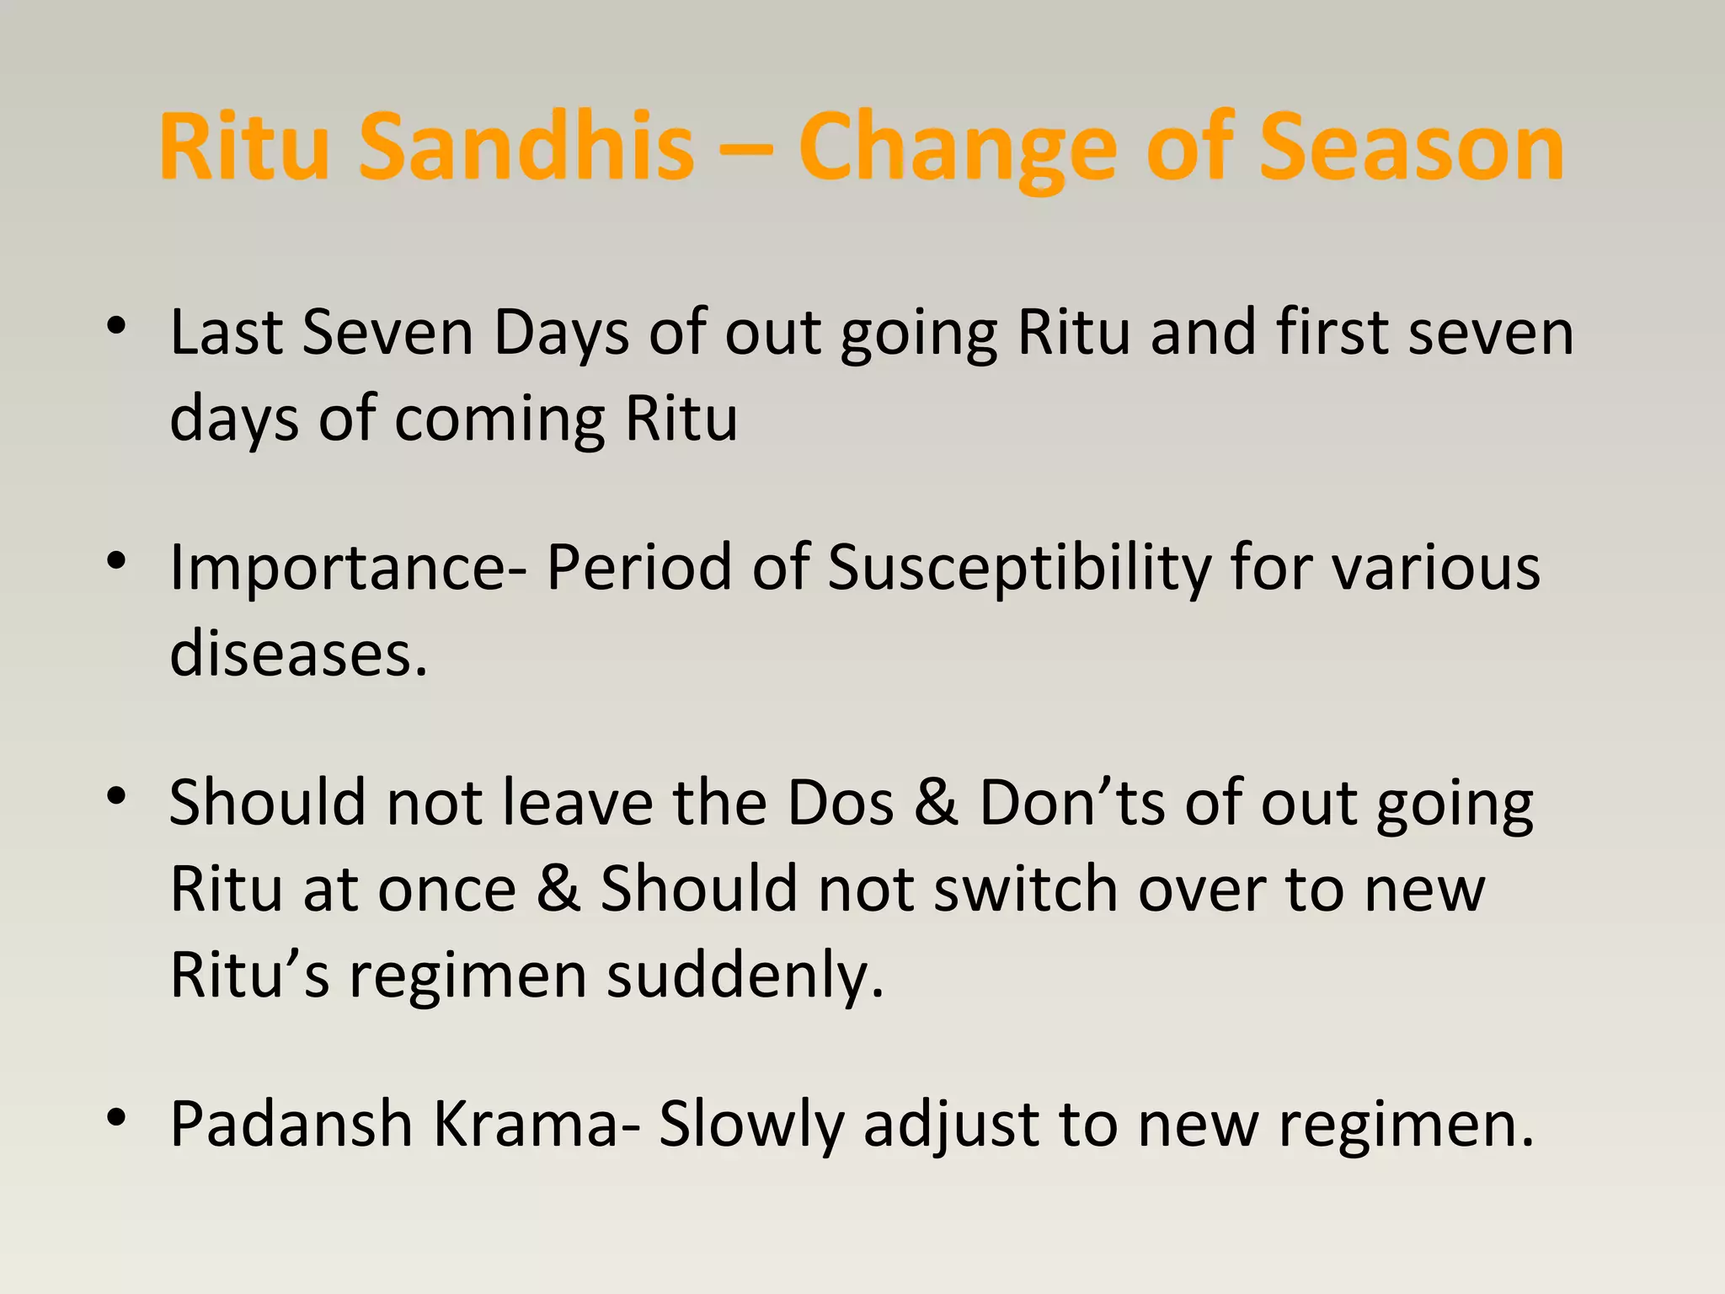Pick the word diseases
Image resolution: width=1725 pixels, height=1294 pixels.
(299, 654)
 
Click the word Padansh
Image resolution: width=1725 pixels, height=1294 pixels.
(291, 1124)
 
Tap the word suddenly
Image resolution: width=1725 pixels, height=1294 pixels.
(745, 976)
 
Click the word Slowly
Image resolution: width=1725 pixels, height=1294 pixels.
(750, 1124)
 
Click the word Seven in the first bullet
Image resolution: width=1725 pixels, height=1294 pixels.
(387, 333)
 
